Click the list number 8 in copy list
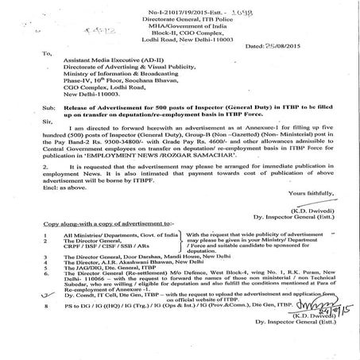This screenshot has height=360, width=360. [27, 326]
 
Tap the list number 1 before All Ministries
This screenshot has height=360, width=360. [27, 259]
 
